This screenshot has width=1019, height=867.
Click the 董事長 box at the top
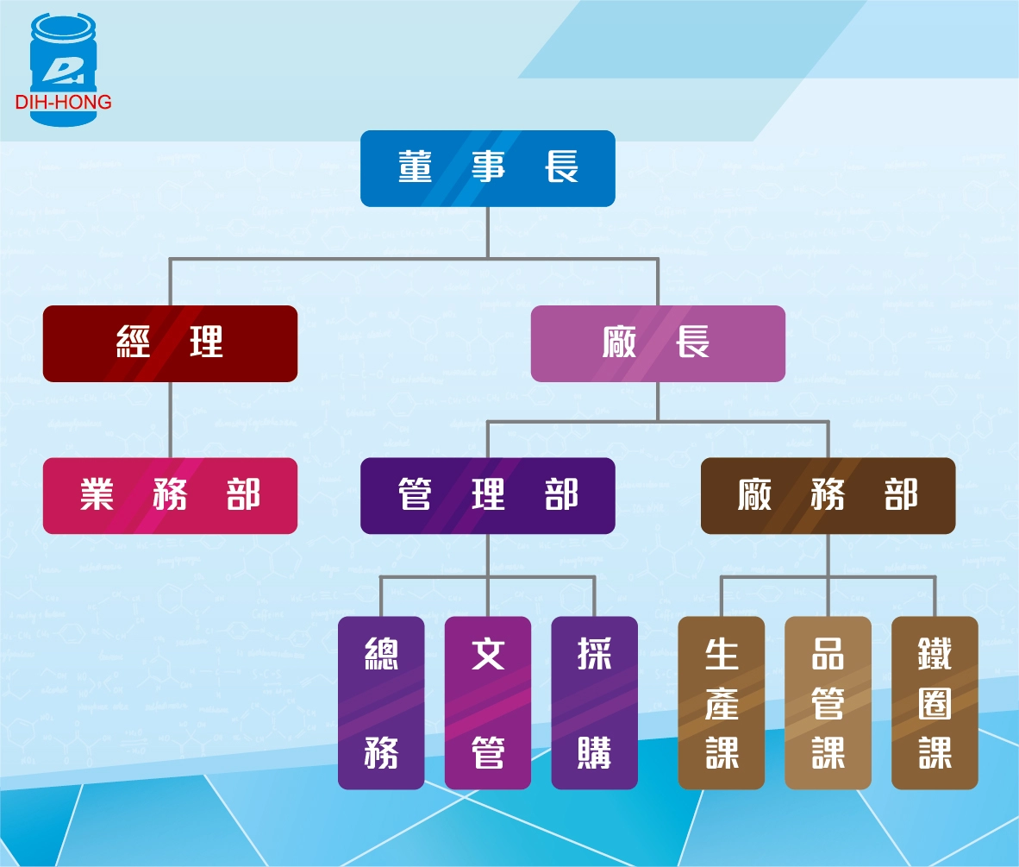[x=487, y=168]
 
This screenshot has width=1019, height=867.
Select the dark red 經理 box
[x=170, y=343]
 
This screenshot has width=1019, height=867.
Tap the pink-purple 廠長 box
[x=658, y=343]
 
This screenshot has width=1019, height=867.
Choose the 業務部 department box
[x=170, y=495]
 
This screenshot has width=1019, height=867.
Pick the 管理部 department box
[x=487, y=495]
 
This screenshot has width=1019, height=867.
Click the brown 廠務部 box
[x=828, y=495]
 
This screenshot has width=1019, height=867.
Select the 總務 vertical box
[x=381, y=702]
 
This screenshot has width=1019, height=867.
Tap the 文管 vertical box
[x=488, y=702]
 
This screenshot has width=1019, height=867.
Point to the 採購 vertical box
[x=594, y=702]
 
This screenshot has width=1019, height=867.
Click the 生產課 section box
[x=722, y=702]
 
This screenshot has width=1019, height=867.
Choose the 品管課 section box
[x=828, y=702]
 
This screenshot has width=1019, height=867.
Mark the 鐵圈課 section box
[x=935, y=702]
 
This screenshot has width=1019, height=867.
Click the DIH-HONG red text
[x=63, y=103]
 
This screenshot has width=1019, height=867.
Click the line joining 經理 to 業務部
[x=170, y=419]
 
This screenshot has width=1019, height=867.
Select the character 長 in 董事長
[x=561, y=167]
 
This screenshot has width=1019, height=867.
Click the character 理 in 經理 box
[x=206, y=343]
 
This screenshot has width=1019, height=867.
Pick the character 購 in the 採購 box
[x=594, y=752]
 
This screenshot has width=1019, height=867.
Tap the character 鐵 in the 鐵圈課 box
[x=935, y=655]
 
